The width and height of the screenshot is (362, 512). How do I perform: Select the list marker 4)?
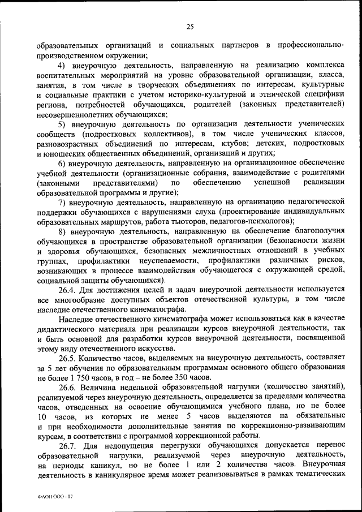(63, 66)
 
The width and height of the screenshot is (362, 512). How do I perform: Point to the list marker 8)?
(63, 231)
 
